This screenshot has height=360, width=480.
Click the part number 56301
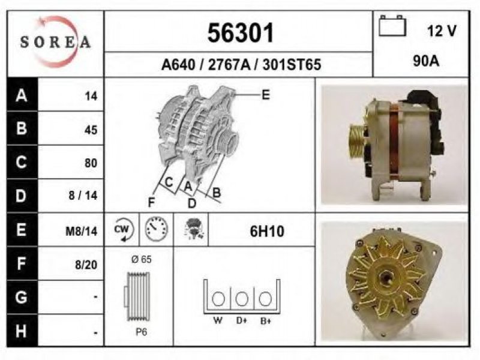click(241, 33)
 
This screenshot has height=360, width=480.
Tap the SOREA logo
click(55, 42)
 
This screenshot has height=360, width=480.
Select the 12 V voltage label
click(442, 31)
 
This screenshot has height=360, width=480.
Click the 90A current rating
click(426, 61)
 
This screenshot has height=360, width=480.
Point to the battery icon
click(392, 26)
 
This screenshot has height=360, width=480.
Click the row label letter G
click(21, 297)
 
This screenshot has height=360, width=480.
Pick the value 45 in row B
click(91, 130)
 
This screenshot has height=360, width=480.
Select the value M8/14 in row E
click(82, 231)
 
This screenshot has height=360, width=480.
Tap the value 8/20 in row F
click(86, 265)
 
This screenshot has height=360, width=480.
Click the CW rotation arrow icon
click(122, 229)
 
